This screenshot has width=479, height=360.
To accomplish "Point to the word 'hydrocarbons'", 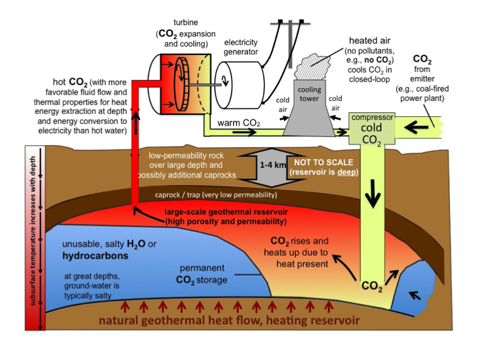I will pyautogui.click(x=95, y=257).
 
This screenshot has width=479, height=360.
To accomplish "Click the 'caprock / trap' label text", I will pyautogui.click(x=215, y=195).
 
